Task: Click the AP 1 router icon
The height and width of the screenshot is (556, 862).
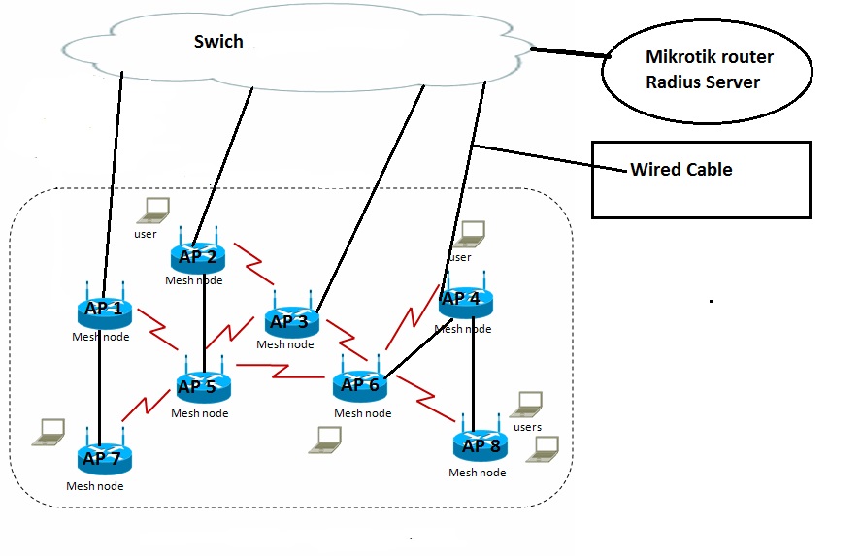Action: pyautogui.click(x=104, y=311)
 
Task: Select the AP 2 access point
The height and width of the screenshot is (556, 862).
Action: pyautogui.click(x=197, y=257)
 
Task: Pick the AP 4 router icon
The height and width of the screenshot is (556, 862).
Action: pyautogui.click(x=464, y=299)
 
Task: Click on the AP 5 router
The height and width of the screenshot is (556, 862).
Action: pyautogui.click(x=202, y=387)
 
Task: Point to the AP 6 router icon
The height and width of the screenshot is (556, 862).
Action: pyautogui.click(x=361, y=385)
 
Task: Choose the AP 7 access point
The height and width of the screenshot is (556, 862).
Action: pyautogui.click(x=104, y=457)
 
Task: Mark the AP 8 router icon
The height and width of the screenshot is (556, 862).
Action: pyautogui.click(x=480, y=446)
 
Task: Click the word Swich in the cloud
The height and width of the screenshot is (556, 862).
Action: pyautogui.click(x=218, y=42)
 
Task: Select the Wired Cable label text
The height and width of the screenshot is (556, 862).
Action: pyautogui.click(x=681, y=170)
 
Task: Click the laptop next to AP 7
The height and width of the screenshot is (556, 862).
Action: pyautogui.click(x=49, y=432)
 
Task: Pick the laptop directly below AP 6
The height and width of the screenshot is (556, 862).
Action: pyautogui.click(x=325, y=440)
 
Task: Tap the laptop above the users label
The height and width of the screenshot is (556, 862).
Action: pyautogui.click(x=527, y=404)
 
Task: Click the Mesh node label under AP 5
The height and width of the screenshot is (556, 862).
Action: pyautogui.click(x=200, y=413)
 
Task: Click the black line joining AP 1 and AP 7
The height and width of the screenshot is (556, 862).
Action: pyautogui.click(x=100, y=383)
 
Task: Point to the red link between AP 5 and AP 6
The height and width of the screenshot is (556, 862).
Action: pyautogui.click(x=281, y=370)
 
